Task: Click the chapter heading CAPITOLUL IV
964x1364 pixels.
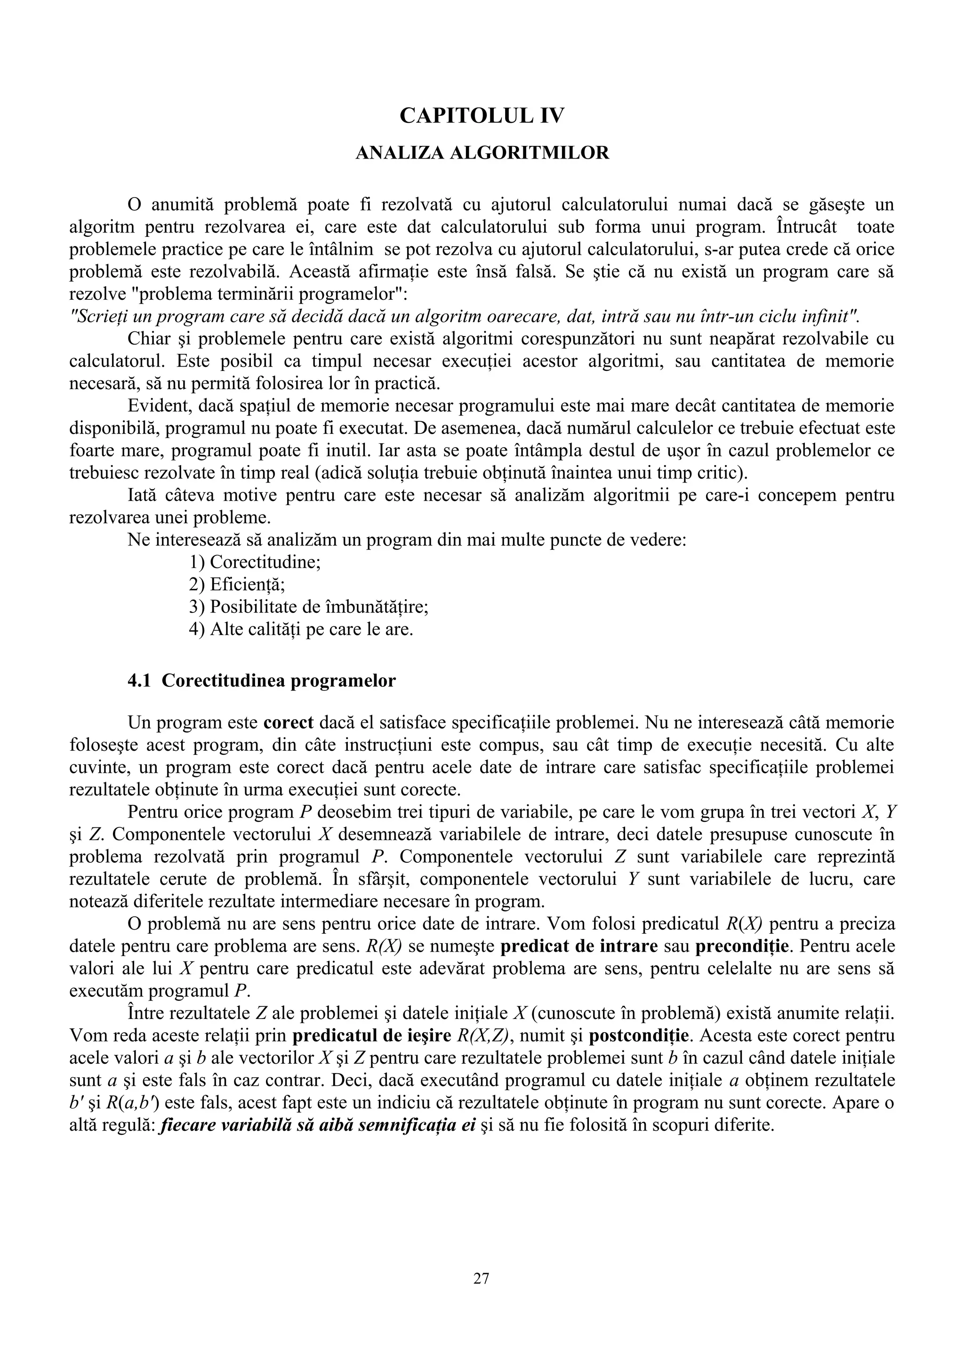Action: pyautogui.click(x=482, y=115)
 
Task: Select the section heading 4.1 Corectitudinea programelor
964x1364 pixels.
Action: pyautogui.click(x=262, y=680)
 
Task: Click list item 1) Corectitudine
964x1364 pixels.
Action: pyautogui.click(x=255, y=562)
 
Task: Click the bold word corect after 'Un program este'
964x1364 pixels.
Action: pyautogui.click(x=288, y=723)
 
